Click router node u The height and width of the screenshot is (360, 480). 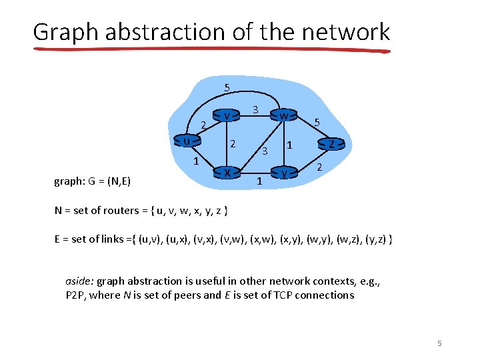187,141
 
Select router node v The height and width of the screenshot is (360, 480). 227,116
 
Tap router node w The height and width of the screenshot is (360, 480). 284,116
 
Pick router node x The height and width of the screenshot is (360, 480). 227,173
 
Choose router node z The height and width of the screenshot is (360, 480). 331,143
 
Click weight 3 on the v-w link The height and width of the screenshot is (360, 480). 255,109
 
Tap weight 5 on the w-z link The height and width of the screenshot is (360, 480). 317,123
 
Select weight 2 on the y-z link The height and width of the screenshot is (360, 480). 319,167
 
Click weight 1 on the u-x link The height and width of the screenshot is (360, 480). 195,161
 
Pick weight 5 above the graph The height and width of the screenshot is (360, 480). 227,87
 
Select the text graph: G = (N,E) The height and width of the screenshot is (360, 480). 92,181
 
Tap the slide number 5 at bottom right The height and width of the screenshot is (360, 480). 439,343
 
